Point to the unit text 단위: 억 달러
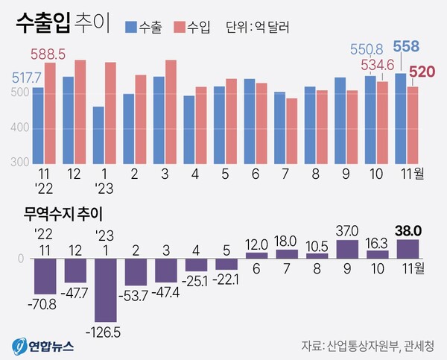[258, 28]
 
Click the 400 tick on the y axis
[19, 127]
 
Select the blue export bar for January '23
[98, 136]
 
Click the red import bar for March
[171, 112]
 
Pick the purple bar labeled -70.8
[43, 275]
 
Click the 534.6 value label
[379, 66]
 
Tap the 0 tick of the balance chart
[21, 259]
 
